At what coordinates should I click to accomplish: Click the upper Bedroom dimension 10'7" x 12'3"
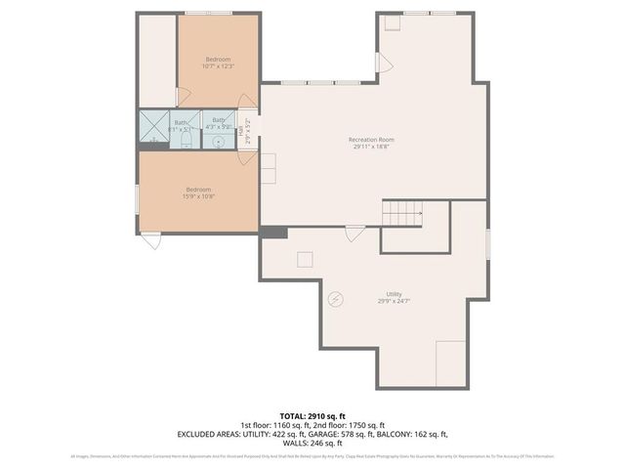(x=218, y=66)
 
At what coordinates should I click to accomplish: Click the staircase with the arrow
(x=402, y=210)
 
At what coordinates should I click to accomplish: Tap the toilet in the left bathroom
(x=184, y=142)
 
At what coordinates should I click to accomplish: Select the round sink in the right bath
(x=218, y=142)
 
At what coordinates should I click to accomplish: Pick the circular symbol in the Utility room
(x=337, y=299)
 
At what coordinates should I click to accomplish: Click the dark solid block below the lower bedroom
(x=272, y=232)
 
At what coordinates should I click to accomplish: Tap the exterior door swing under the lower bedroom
(x=151, y=239)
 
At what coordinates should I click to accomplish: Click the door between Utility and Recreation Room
(x=354, y=234)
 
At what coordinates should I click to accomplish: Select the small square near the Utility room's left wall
(x=306, y=257)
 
